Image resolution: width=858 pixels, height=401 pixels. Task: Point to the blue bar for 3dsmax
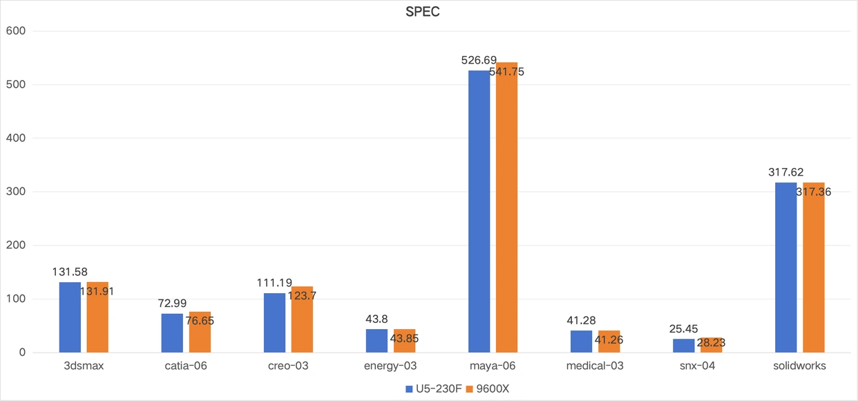70,317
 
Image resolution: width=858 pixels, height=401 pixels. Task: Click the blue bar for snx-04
683,346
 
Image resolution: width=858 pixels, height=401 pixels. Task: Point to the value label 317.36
813,192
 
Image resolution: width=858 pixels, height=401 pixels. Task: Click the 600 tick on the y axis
15,31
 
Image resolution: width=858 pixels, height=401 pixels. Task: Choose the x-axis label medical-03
595,366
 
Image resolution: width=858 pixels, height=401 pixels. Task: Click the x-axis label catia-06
185,366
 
